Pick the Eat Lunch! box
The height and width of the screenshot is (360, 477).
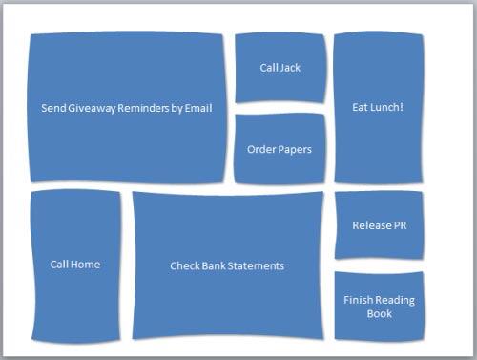378,107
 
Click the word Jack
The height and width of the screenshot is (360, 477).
290,67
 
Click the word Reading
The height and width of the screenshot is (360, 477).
394,300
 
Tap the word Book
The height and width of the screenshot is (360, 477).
379,313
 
